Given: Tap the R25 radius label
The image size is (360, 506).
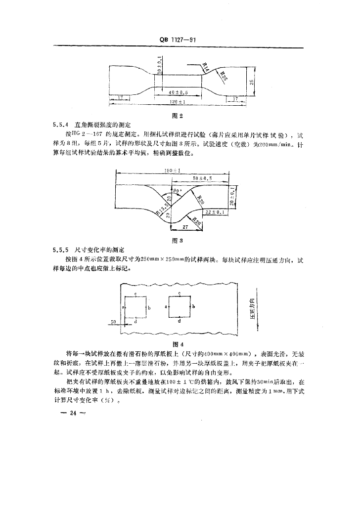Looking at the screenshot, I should [x=224, y=76].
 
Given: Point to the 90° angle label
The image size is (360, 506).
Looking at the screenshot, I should [x=177, y=189].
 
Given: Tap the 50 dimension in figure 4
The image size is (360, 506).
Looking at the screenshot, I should [x=113, y=322].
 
